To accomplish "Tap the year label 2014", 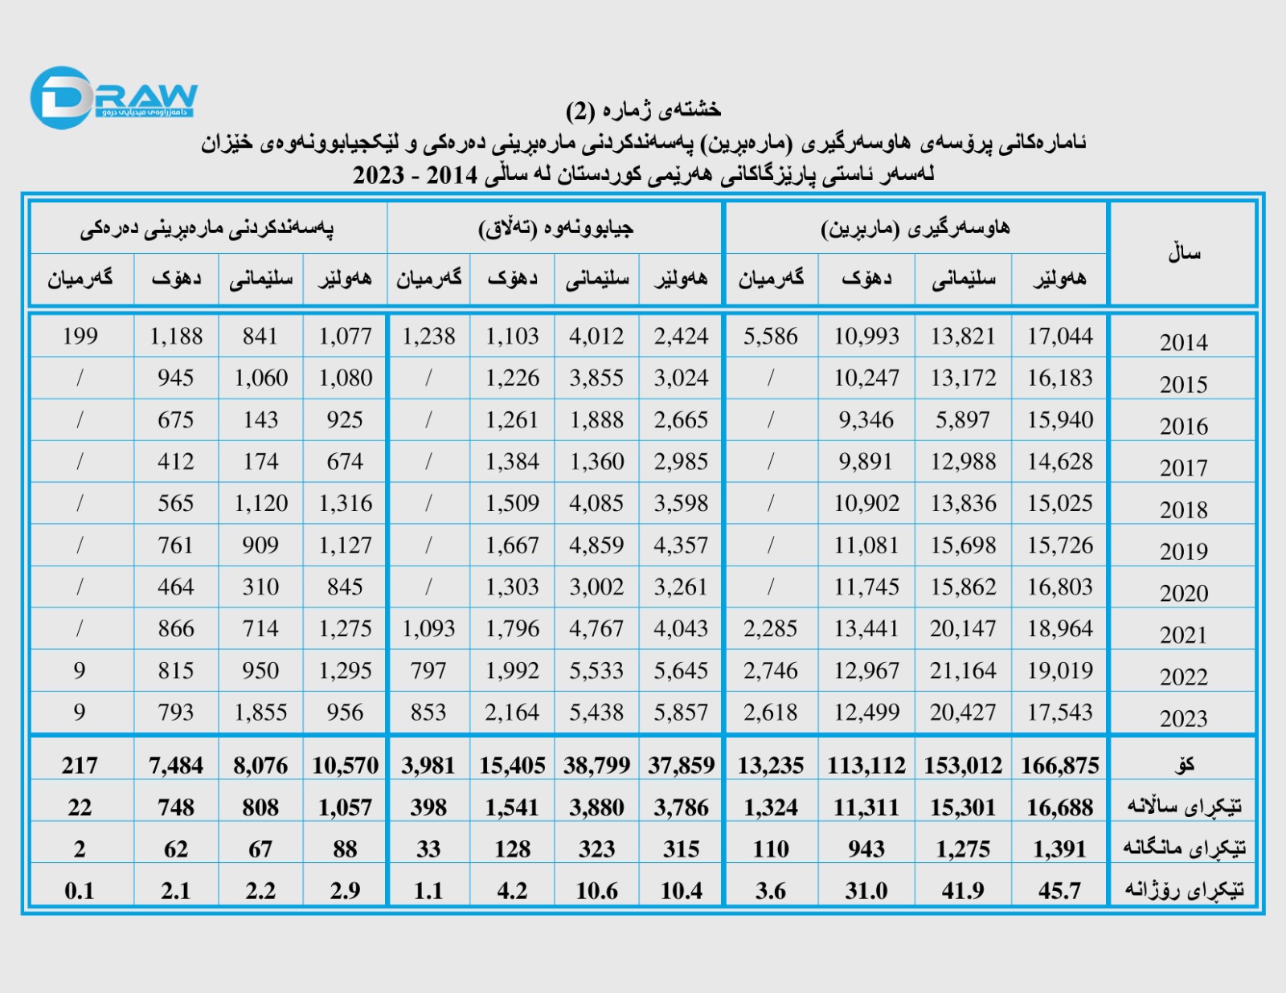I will (x=1183, y=342).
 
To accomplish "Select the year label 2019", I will (x=1183, y=551).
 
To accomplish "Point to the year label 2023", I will (x=1183, y=718).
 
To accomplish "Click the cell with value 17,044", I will (x=1059, y=336).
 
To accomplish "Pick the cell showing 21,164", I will (x=963, y=670).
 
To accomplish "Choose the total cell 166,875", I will (x=1059, y=766).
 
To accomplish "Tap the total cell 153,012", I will (x=963, y=766).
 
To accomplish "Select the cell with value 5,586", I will (x=770, y=336).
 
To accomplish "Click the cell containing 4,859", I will (x=596, y=545).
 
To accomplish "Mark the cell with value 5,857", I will (x=681, y=712).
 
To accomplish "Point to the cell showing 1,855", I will (x=260, y=712).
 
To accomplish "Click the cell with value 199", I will (x=80, y=336).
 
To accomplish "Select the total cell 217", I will (x=80, y=766).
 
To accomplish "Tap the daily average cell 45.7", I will (x=1059, y=890).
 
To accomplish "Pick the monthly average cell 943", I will (x=866, y=848).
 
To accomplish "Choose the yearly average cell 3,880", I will (x=596, y=807).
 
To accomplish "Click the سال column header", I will (x=1184, y=253).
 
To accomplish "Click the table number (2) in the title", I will (x=580, y=110).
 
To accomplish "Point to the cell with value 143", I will (x=260, y=419).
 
